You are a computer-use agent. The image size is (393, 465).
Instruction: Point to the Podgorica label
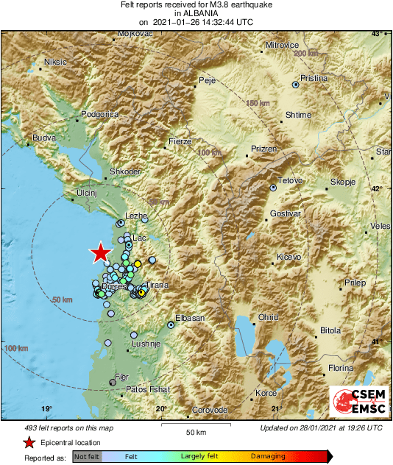point(99,114)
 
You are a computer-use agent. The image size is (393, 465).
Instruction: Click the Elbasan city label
point(189,318)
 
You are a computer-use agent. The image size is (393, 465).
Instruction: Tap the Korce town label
point(266,393)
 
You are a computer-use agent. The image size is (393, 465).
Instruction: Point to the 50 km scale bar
point(195,425)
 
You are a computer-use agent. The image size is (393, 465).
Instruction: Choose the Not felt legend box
point(87,457)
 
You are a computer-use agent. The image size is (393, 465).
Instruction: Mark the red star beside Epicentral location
point(29,442)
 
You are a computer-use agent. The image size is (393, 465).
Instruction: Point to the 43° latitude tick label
point(377,35)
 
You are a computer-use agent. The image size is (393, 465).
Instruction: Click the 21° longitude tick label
point(277,409)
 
